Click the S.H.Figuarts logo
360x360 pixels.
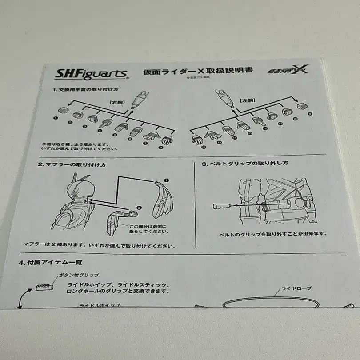[92, 74]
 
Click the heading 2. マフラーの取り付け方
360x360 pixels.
[72, 164]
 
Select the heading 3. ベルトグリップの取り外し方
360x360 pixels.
[245, 163]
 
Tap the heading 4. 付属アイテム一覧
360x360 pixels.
[50, 262]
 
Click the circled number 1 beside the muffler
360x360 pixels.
[166, 180]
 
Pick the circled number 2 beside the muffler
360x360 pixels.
[139, 207]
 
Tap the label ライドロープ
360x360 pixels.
[296, 288]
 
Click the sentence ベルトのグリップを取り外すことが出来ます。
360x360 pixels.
[273, 233]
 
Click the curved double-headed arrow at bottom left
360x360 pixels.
[20, 301]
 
